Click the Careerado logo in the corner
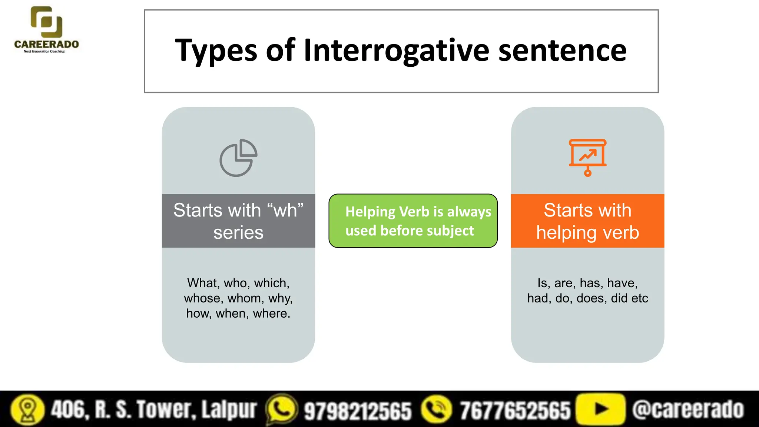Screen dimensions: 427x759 tap(46, 30)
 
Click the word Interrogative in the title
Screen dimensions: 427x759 tap(396, 50)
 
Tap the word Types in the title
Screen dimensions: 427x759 tap(216, 51)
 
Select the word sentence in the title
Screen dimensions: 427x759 tap(562, 50)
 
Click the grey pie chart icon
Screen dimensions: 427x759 tap(238, 158)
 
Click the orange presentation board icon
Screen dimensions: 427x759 tap(587, 157)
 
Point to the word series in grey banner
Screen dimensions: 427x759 tap(238, 233)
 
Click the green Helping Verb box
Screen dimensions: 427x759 tap(413, 221)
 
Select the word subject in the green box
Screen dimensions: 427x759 tap(450, 231)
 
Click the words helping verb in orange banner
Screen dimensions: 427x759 tap(587, 233)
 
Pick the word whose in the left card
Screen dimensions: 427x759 tap(203, 298)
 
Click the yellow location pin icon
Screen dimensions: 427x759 tap(27, 410)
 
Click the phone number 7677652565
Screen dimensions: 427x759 tap(515, 410)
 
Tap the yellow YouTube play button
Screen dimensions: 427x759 tap(601, 409)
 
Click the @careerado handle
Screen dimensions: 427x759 tap(688, 410)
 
